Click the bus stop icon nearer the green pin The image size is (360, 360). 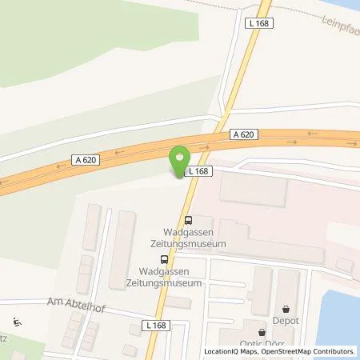click(x=188, y=220)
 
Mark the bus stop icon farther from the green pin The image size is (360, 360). click(x=164, y=258)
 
